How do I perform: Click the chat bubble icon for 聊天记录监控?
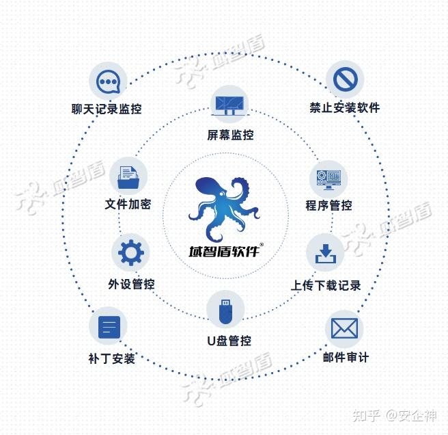pos(109,81)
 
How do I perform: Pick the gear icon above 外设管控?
pos(130,253)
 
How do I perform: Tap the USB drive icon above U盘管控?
pos(225,310)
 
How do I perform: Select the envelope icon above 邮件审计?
pos(344,329)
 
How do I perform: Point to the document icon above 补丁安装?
pos(109,327)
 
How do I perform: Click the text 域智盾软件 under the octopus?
pos(223,251)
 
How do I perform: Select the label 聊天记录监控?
pos(107,109)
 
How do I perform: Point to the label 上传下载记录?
pos(326,285)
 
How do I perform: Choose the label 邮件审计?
pos(345,357)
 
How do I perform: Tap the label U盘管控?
pos(229,341)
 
